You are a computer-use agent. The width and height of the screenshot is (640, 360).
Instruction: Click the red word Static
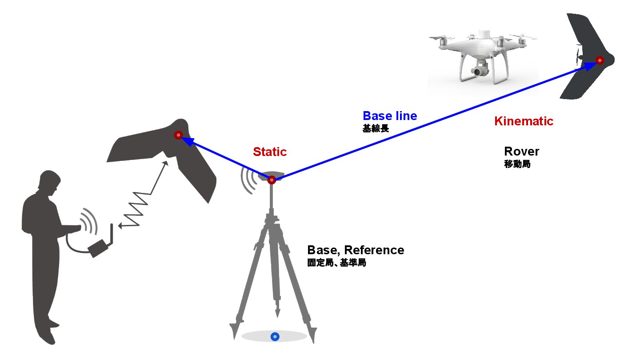270,152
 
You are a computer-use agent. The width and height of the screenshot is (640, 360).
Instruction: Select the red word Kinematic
524,121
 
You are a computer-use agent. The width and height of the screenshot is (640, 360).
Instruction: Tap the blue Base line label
390,116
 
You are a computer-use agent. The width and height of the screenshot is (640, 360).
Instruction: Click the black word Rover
521,152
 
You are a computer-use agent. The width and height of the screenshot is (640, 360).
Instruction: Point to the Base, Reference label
356,250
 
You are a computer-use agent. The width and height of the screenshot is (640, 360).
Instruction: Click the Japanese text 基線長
376,129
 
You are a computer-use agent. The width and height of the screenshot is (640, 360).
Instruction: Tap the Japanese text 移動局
517,164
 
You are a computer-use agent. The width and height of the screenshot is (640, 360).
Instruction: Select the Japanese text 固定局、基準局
336,263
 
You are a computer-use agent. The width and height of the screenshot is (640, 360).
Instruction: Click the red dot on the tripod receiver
272,180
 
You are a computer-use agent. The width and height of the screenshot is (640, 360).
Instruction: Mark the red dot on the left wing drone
178,135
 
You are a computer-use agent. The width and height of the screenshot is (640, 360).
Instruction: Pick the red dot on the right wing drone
600,60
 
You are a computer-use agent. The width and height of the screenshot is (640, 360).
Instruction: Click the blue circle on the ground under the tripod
275,337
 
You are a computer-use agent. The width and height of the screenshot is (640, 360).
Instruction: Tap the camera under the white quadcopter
479,71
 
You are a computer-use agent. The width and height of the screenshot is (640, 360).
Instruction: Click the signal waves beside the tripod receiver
249,180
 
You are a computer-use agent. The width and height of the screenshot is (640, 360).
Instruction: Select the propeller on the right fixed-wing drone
578,56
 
